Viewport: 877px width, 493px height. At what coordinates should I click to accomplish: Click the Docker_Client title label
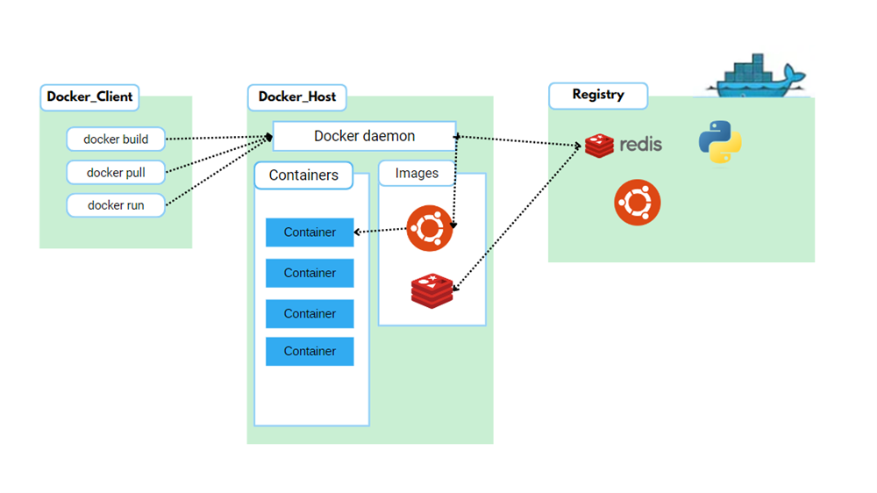89,96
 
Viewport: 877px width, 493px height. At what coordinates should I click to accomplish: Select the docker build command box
116,139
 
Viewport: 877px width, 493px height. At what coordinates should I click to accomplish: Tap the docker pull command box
116,172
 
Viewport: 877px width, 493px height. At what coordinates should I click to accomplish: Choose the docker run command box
116,205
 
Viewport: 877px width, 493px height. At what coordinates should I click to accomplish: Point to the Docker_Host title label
297,96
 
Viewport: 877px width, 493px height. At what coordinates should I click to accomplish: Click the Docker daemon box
364,136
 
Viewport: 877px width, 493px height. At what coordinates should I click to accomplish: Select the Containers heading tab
303,175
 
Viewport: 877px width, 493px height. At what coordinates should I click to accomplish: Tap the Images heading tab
417,173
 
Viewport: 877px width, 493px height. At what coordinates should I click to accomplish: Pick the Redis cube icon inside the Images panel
432,290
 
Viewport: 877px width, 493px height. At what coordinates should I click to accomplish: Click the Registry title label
598,95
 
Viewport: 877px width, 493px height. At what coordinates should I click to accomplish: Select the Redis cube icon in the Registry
600,146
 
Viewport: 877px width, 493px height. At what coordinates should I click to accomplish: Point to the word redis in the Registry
640,145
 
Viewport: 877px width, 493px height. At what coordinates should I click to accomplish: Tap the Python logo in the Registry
720,143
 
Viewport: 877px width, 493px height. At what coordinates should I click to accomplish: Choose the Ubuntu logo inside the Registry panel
637,203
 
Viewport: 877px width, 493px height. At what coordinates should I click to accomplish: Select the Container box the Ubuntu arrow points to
310,232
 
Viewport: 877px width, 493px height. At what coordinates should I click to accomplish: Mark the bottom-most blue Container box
310,351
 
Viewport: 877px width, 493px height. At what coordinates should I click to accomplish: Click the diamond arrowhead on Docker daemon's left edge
269,137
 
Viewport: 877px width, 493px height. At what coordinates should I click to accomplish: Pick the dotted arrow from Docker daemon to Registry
517,139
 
